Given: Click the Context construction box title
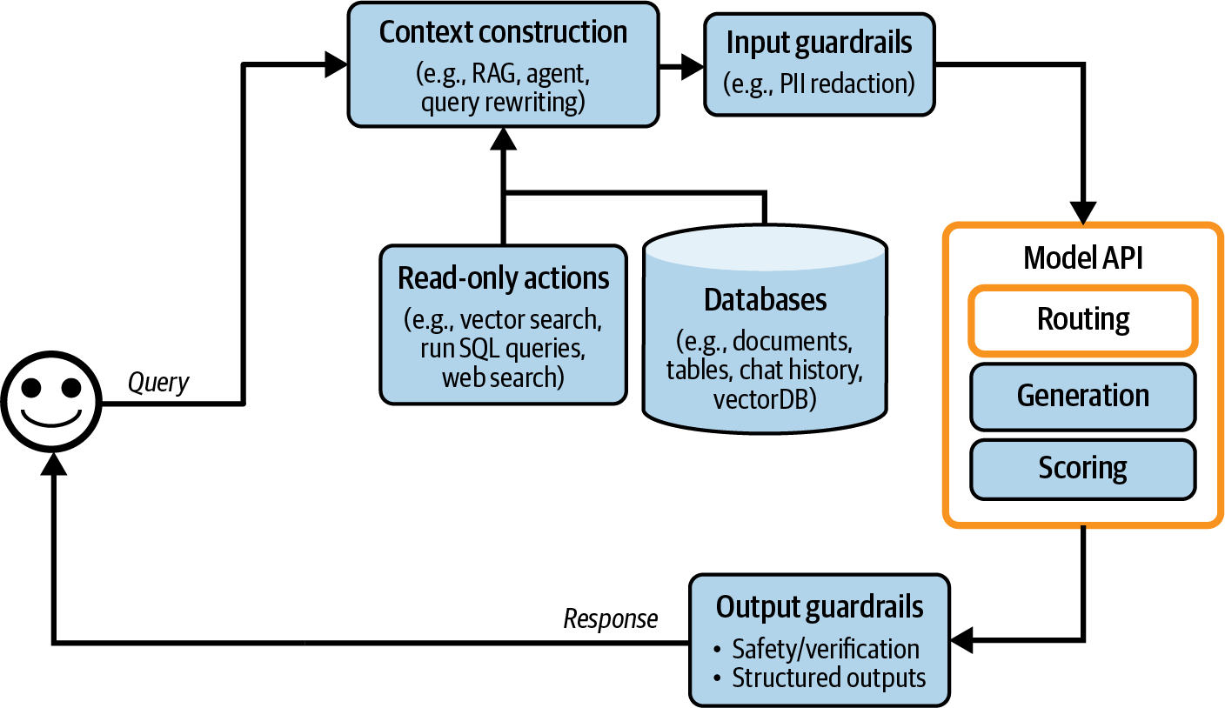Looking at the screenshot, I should (x=503, y=33).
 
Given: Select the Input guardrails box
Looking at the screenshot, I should (x=820, y=64).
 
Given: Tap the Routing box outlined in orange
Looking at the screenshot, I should (x=1083, y=320).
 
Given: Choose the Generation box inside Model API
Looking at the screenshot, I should (x=1083, y=397).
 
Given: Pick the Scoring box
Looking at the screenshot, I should (x=1083, y=469).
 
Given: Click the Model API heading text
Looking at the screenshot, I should (x=1082, y=257).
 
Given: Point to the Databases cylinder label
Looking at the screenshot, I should (x=765, y=300).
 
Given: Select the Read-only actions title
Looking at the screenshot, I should (x=503, y=278).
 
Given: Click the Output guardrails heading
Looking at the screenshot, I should (x=819, y=607).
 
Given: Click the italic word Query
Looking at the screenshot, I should (x=158, y=382).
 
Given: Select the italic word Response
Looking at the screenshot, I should (x=611, y=618).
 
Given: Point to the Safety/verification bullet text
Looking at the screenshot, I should (x=825, y=649).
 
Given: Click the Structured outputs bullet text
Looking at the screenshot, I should (x=828, y=678).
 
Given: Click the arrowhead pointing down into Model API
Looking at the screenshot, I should (x=1083, y=213).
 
